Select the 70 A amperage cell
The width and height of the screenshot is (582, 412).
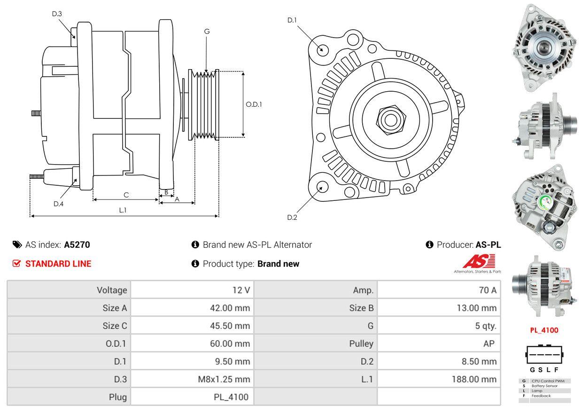(487, 290)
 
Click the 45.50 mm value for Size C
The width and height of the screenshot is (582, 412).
(230, 325)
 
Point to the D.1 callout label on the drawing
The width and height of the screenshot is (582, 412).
(292, 20)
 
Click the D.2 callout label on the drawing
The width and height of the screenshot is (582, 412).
(292, 217)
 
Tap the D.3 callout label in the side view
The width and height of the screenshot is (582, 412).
(57, 14)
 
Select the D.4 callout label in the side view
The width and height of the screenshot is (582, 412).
(58, 204)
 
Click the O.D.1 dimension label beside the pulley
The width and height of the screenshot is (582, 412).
(254, 104)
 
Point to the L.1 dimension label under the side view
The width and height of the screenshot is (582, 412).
(123, 210)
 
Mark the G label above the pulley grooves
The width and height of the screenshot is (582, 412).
(207, 32)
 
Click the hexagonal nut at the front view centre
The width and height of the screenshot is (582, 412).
(389, 119)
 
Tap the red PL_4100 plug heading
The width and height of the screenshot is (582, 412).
(544, 330)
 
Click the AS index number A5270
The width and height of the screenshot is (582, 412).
(77, 245)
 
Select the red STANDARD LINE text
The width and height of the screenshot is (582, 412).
(58, 264)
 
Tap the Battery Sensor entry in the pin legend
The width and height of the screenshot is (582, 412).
(544, 386)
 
